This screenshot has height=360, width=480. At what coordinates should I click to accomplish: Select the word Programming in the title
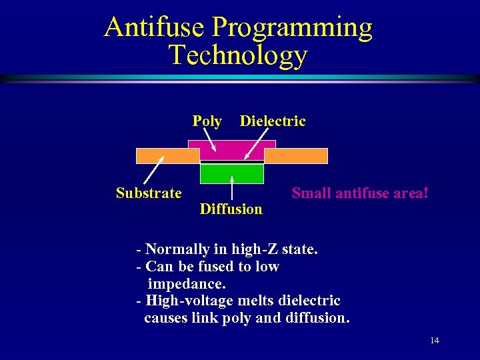point(293,28)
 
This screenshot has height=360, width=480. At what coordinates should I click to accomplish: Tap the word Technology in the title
point(238,55)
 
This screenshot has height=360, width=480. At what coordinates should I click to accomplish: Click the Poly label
point(207,121)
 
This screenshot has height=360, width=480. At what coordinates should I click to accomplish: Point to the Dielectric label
point(273,121)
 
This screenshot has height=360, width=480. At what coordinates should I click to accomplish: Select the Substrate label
point(149,193)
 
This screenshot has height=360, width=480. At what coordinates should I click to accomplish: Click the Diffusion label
point(231,209)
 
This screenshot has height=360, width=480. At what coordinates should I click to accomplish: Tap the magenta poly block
point(232,150)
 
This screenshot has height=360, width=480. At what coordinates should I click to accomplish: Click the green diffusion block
point(232,173)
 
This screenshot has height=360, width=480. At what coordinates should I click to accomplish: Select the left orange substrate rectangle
point(167,156)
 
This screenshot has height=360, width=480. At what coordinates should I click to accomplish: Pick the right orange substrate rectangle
point(296,156)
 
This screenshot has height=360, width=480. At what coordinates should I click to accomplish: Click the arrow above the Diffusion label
point(231,187)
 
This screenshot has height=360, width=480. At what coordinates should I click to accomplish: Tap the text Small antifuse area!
point(360,193)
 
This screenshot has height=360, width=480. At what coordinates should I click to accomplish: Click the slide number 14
point(435,341)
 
